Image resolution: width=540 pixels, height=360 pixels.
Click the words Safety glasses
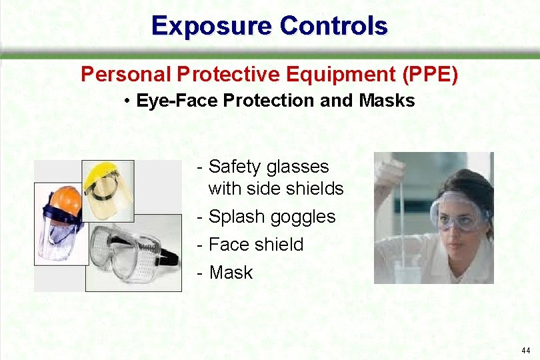[x=269, y=167]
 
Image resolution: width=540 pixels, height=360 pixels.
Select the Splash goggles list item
[x=272, y=217]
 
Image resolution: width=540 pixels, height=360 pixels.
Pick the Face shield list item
[x=256, y=245]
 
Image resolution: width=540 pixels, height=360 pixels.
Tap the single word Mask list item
[x=231, y=272]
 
